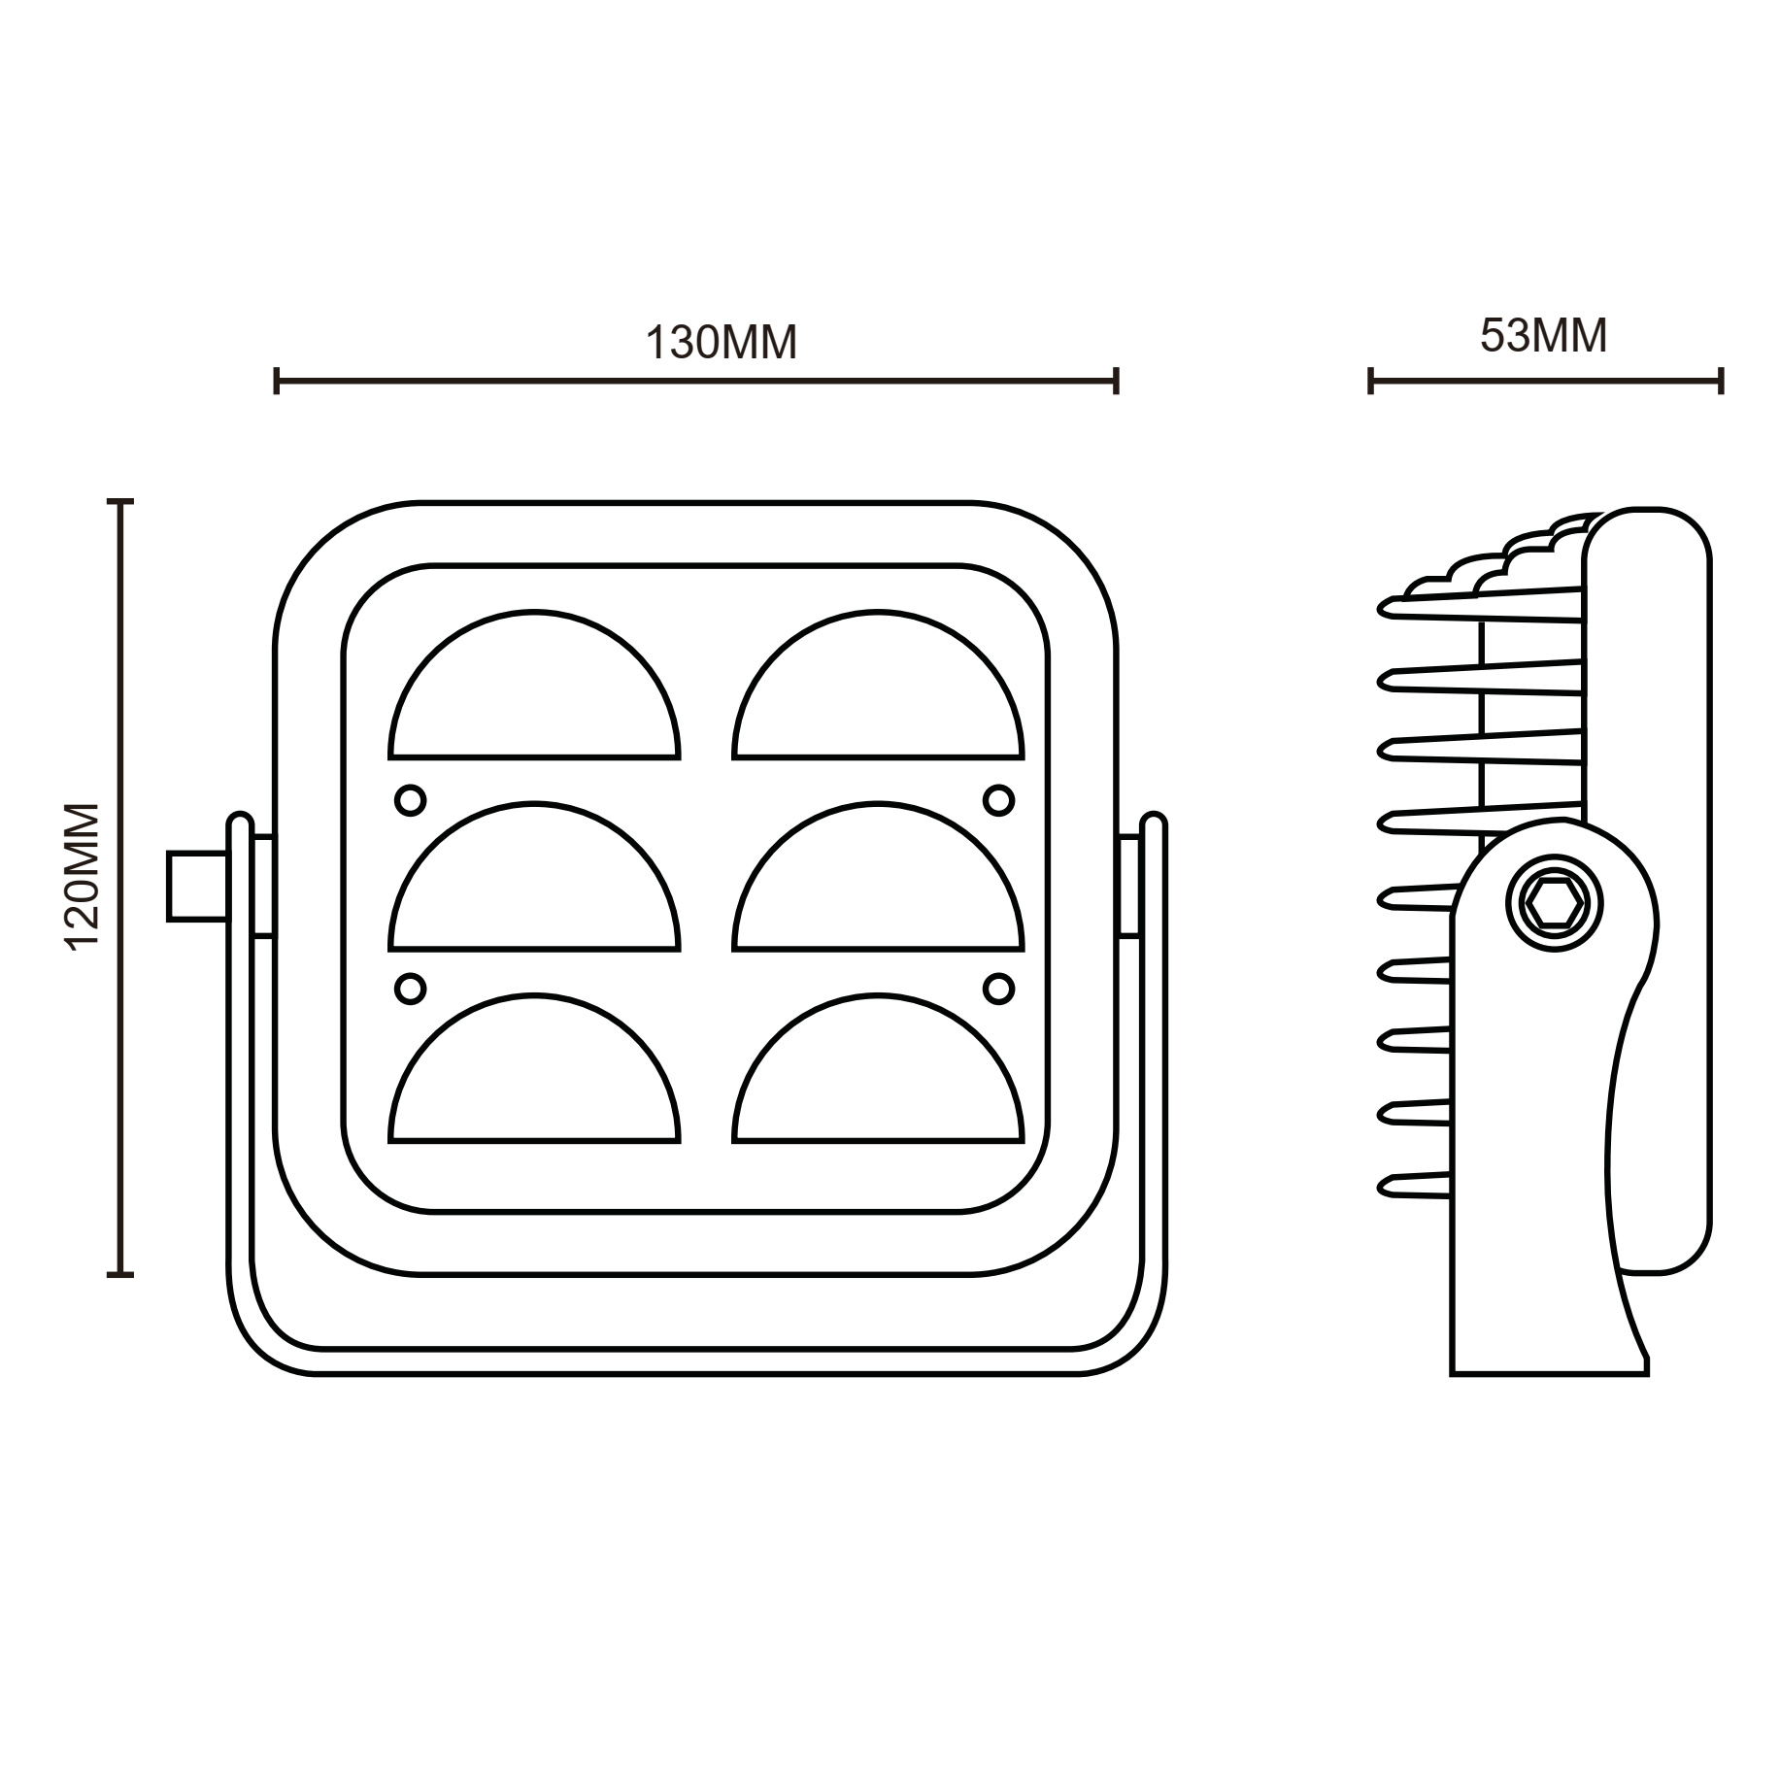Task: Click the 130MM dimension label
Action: point(721,343)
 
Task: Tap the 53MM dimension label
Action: point(1543,336)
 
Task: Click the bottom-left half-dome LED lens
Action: point(534,1079)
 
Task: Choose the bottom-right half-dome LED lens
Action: point(878,1079)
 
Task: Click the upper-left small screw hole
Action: point(411,801)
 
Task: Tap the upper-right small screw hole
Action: point(998,801)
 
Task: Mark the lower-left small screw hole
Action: point(411,989)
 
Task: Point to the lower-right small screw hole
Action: point(998,989)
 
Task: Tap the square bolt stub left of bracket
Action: point(197,886)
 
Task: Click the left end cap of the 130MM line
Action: point(278,381)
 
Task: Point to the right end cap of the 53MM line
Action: point(1721,381)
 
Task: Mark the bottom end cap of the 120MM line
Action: point(119,1274)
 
